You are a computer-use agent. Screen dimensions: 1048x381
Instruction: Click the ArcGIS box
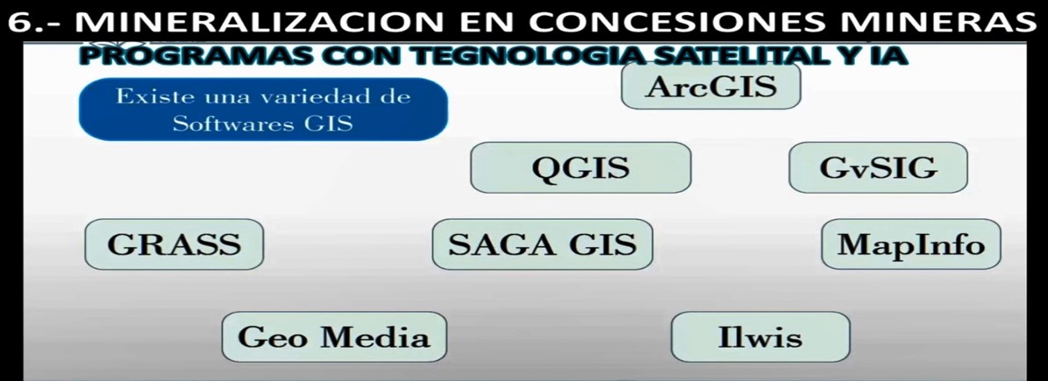pos(710,86)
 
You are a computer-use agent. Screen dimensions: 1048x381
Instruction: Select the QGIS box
pos(581,167)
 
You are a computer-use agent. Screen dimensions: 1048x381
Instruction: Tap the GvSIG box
pos(878,167)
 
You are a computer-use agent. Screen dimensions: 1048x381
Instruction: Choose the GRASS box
pos(174,244)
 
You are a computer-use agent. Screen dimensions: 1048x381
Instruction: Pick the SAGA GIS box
pos(542,244)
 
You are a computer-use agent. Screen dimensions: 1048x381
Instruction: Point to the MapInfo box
pos(911,244)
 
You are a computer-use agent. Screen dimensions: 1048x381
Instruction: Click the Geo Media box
pos(334,337)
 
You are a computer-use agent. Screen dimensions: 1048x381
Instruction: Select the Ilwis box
pos(760,337)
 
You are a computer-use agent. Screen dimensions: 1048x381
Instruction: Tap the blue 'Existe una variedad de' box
pos(263,109)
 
